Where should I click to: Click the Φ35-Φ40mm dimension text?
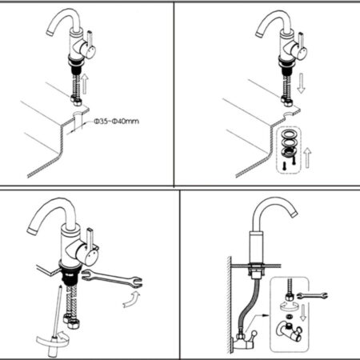pos(116,122)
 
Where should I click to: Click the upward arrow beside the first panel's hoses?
pos(85,83)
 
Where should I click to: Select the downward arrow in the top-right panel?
pos(302,83)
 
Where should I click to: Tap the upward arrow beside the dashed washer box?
pos(307,158)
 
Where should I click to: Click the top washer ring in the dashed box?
pos(289,134)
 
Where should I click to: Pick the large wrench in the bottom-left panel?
pos(112,279)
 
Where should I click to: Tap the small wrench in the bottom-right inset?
pos(312,296)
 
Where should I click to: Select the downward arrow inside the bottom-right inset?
pos(303,312)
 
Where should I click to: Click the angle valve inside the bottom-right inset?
pos(289,330)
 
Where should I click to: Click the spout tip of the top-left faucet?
pos(50,32)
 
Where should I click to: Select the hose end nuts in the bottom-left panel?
pos(70,321)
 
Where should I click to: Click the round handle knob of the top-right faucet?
pos(301,52)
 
